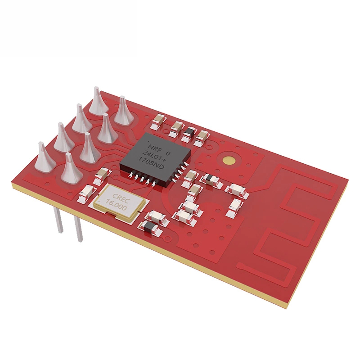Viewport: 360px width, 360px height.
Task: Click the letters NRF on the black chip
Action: point(153,145)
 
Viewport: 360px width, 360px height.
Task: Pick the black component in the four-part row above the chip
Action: point(190,131)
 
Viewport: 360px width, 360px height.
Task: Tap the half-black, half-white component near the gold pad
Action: point(210,180)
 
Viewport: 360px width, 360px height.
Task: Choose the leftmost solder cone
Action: point(44,157)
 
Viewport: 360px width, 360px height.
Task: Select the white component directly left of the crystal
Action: point(85,194)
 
